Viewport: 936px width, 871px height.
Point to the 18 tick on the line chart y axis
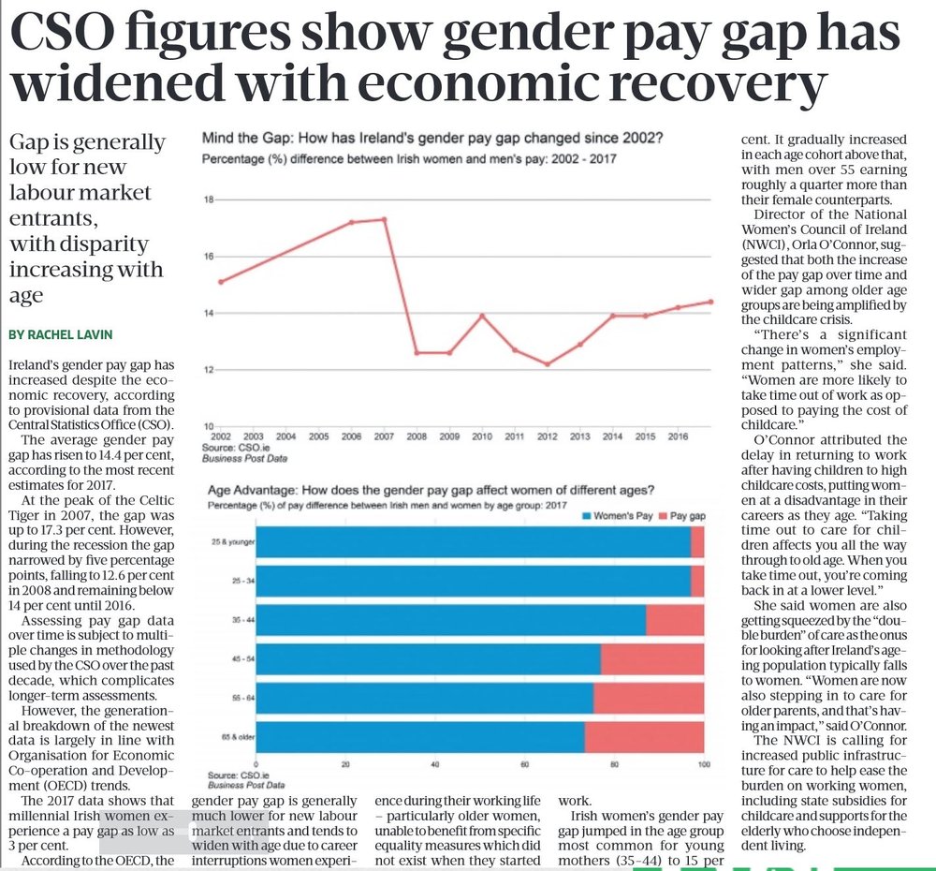point(209,199)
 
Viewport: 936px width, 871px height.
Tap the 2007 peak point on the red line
point(384,219)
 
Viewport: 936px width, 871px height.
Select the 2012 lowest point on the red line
point(548,364)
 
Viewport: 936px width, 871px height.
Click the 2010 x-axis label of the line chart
point(482,436)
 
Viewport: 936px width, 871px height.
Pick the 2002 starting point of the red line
point(221,281)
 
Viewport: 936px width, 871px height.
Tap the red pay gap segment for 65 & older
point(644,736)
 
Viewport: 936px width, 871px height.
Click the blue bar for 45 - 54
point(428,659)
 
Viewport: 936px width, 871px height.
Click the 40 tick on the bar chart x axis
point(435,765)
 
